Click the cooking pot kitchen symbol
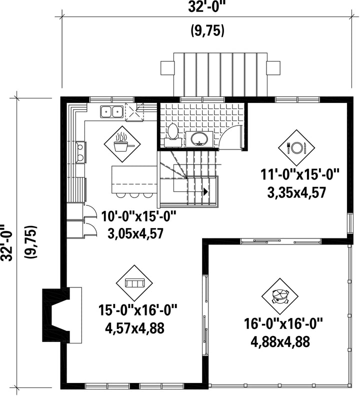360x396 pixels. click(122, 144)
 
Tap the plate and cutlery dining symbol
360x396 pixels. click(296, 147)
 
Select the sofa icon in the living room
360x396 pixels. click(134, 283)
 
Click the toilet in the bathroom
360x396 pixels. click(173, 135)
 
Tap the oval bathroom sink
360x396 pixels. click(199, 139)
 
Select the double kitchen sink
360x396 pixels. click(111, 111)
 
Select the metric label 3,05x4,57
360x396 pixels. click(135, 233)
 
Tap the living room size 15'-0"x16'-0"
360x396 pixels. click(137, 310)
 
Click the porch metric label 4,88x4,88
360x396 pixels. click(280, 342)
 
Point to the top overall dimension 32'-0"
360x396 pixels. click(206, 7)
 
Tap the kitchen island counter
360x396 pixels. click(134, 179)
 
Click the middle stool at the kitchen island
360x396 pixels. click(133, 195)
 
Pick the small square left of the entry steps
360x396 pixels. click(167, 67)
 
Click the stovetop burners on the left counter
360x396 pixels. click(81, 152)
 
